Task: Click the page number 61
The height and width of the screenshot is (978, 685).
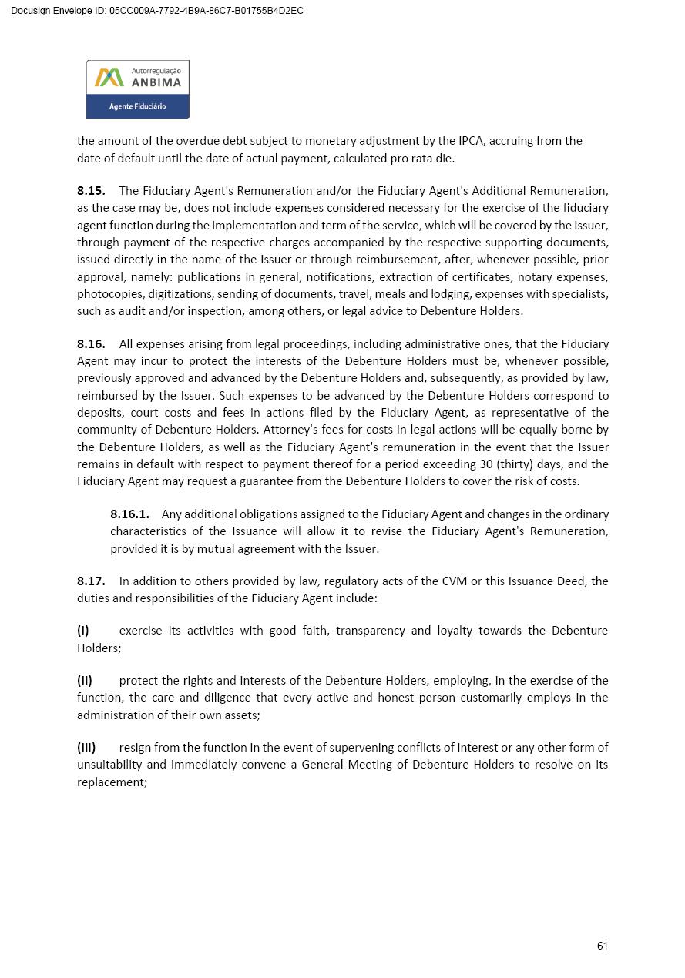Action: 602,946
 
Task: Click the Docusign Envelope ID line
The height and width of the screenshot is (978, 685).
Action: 157,11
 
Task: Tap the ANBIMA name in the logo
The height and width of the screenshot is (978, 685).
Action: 156,82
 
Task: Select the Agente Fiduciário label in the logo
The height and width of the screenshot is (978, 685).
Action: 137,106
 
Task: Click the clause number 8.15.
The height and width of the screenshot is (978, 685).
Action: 91,190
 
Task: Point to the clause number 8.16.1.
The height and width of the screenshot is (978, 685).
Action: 129,514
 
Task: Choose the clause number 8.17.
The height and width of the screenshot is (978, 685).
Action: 91,581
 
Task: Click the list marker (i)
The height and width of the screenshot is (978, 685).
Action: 83,630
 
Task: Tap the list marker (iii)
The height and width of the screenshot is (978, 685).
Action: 86,747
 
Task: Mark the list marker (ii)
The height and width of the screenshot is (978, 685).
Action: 85,680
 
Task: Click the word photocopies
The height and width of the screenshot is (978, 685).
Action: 106,294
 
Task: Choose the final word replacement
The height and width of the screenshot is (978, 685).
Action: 111,782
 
